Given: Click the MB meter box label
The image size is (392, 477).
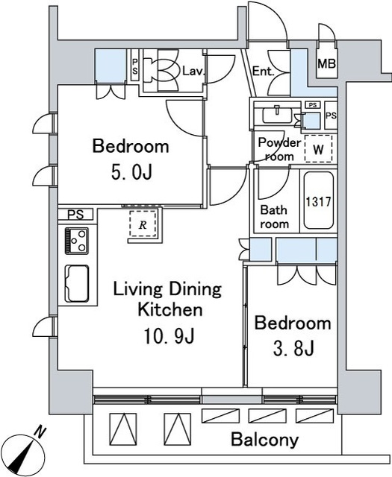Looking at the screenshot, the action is click(x=326, y=64).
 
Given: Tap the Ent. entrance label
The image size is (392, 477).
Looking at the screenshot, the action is click(x=264, y=72).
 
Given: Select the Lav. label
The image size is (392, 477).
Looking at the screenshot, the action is click(x=193, y=72).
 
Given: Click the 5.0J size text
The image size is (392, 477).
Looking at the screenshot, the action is click(x=131, y=172).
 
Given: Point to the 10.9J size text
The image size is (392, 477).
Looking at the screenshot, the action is click(x=169, y=337).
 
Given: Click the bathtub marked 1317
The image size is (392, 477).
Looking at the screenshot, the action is click(x=318, y=200).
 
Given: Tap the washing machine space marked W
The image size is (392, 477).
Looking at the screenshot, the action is click(x=318, y=149).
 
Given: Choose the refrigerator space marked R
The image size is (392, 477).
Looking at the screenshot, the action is click(x=143, y=224).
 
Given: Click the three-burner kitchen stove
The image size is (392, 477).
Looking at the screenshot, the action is click(x=76, y=241).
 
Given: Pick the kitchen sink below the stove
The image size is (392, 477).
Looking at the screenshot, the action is click(x=76, y=284).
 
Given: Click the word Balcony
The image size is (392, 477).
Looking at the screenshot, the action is click(x=264, y=440).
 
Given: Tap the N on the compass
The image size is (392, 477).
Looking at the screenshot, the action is click(x=40, y=432).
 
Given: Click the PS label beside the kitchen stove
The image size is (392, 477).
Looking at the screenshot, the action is click(x=75, y=215).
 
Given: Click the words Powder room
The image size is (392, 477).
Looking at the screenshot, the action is click(x=279, y=149).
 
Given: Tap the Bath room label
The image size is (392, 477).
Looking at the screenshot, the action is click(x=274, y=217).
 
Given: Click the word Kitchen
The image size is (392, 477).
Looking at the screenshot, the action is click(x=169, y=309).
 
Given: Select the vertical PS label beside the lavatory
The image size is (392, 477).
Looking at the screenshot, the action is click(x=134, y=66).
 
